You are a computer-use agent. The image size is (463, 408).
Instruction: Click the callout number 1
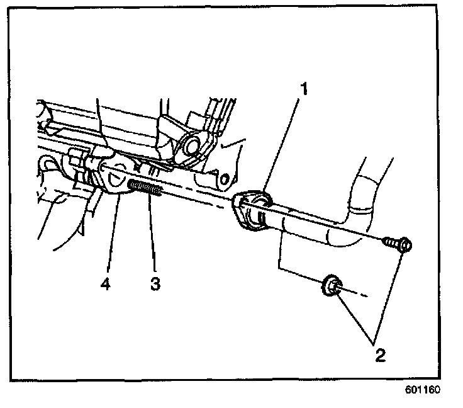(304, 89)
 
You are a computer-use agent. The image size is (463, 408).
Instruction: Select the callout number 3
(153, 283)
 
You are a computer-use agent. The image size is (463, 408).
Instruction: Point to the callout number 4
(105, 284)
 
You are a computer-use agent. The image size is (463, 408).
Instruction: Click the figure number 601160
(423, 389)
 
